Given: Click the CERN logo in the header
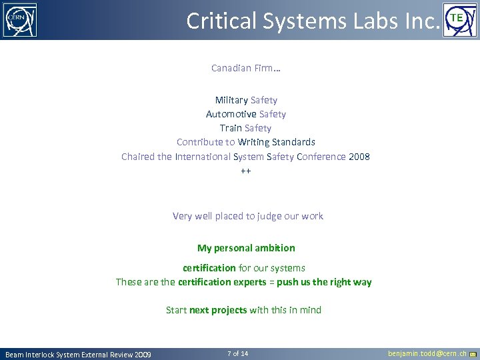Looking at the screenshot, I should tap(19, 20).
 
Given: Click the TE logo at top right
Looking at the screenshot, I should tap(461, 20).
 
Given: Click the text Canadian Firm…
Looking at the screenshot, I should tap(245, 68).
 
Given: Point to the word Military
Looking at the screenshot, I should tap(231, 100).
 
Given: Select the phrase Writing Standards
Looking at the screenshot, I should tap(277, 142).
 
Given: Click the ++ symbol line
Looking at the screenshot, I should tap(246, 171).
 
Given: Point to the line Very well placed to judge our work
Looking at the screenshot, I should tap(247, 216).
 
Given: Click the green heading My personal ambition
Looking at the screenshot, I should tap(246, 248).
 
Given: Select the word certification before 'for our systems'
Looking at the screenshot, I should tap(209, 268).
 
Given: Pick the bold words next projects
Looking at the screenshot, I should tap(218, 310).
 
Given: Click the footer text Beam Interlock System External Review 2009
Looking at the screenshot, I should tap(78, 354).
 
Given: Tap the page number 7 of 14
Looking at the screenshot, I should tap(237, 353).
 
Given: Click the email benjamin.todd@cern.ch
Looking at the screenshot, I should tap(427, 353).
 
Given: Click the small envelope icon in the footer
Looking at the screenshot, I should tap(473, 354).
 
